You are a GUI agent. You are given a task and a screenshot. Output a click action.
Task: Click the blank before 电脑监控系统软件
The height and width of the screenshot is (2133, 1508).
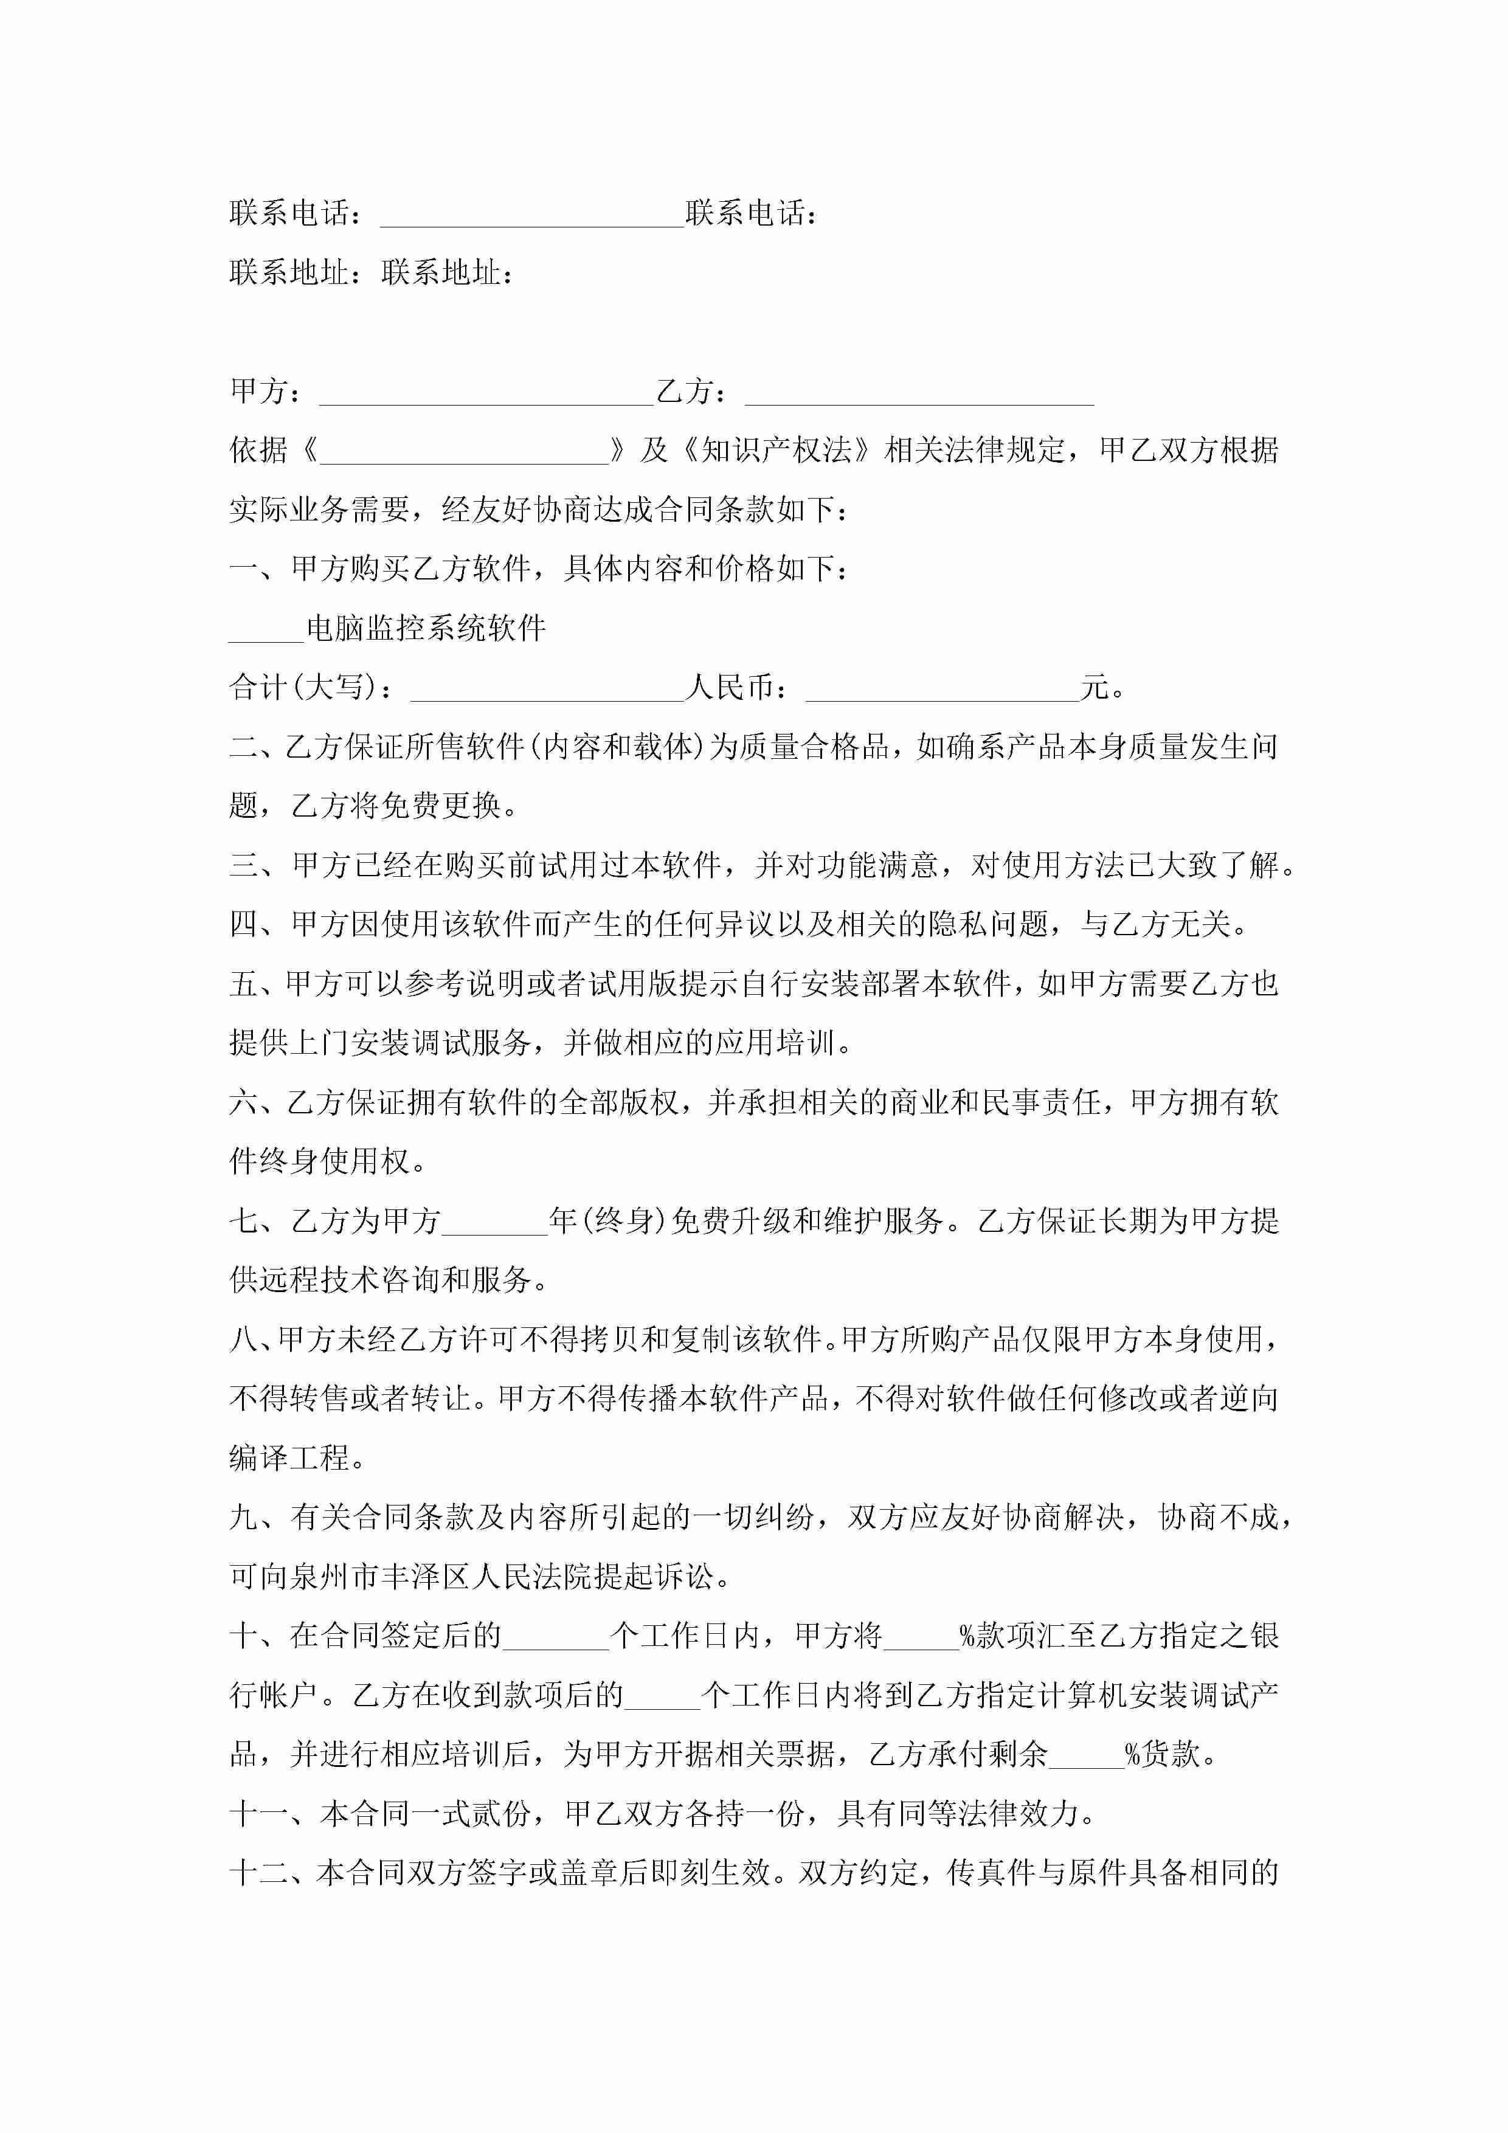(267, 630)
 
